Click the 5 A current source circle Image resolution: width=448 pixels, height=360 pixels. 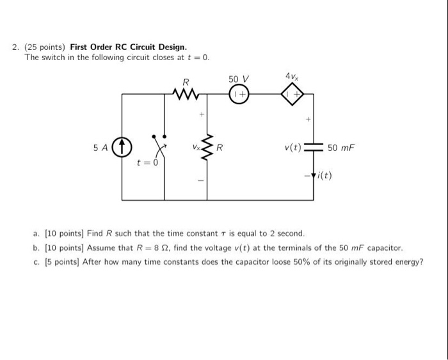pos(122,148)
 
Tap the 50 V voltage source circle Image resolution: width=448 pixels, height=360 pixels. pos(238,95)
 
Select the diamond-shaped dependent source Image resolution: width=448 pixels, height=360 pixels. pos(293,95)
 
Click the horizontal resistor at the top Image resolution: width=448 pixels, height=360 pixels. pos(186,95)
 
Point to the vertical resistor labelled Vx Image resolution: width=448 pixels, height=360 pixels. pos(207,148)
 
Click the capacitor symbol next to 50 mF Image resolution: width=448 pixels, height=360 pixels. pos(314,148)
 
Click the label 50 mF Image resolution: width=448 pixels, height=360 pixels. pos(340,148)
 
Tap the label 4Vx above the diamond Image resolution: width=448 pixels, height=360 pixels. pos(291,77)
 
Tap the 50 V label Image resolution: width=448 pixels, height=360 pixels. pos(238,79)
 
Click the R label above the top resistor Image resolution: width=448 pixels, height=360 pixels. pos(186,81)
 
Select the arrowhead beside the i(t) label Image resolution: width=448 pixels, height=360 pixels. pos(314,176)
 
